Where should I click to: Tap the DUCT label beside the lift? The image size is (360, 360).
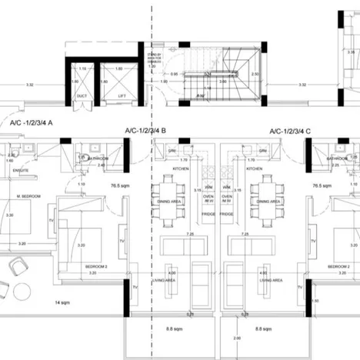pyautogui.click(x=82, y=95)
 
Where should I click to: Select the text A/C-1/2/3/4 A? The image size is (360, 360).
pyautogui.click(x=32, y=122)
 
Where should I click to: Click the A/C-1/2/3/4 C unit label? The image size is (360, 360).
pyautogui.click(x=286, y=132)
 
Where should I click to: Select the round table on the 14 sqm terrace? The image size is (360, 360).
pyautogui.click(x=16, y=266)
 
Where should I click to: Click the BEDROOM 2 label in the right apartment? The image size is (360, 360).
pyautogui.click(x=338, y=266)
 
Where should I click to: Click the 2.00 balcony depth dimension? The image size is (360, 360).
pyautogui.click(x=236, y=338)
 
